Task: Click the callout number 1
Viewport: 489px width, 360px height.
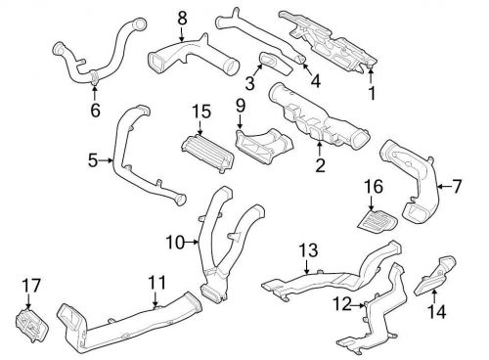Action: pyautogui.click(x=372, y=93)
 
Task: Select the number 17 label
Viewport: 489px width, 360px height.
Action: pyautogui.click(x=31, y=286)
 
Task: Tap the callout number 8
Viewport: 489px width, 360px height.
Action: pyautogui.click(x=182, y=19)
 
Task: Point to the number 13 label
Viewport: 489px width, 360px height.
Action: pyautogui.click(x=308, y=250)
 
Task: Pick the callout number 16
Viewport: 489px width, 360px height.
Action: pyautogui.click(x=374, y=187)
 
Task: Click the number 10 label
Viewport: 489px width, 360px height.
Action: pyautogui.click(x=175, y=243)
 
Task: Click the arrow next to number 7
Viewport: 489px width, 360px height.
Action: pyautogui.click(x=443, y=187)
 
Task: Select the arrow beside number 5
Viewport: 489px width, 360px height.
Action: pyautogui.click(x=106, y=160)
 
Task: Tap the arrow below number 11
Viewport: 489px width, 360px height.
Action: pyautogui.click(x=156, y=298)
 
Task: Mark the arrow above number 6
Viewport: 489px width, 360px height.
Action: pyautogui.click(x=95, y=92)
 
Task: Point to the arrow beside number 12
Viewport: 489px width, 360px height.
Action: pyautogui.click(x=358, y=305)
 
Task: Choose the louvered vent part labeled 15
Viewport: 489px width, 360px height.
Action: pyautogui.click(x=207, y=153)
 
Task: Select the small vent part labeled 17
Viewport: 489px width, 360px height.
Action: pyautogui.click(x=31, y=325)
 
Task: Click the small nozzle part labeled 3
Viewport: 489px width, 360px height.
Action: pyautogui.click(x=277, y=63)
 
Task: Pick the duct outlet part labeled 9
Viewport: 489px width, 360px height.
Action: pyautogui.click(x=263, y=145)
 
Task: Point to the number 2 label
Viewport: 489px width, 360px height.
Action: pyautogui.click(x=320, y=165)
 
